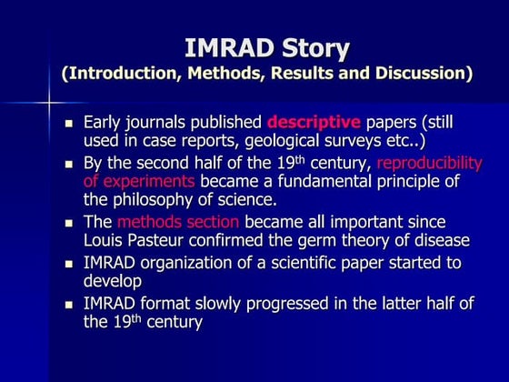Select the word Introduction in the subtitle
(123, 73)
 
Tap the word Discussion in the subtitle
(420, 73)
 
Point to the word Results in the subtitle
(306, 73)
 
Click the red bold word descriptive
(314, 122)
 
